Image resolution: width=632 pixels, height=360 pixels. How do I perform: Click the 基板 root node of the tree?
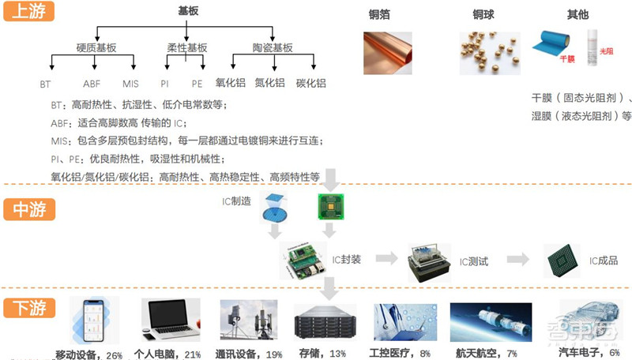pos(188,12)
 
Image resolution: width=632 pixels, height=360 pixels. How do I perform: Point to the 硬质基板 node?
pos(96,47)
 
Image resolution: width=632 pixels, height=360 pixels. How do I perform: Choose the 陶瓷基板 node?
pos(272,47)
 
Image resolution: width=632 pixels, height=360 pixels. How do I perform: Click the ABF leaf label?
pos(92,84)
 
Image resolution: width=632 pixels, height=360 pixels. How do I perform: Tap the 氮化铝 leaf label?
pos(270,83)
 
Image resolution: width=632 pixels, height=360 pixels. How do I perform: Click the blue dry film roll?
pos(559,44)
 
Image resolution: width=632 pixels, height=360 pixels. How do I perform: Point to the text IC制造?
pos(236,202)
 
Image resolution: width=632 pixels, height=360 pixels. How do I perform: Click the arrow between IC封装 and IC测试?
pos(386,259)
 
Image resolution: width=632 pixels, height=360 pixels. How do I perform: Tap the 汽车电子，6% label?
pos(589,353)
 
